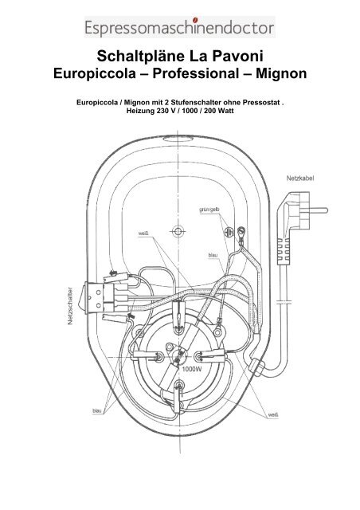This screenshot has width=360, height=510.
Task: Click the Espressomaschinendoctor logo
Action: click(x=180, y=27)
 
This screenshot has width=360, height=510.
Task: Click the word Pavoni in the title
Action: click(x=238, y=57)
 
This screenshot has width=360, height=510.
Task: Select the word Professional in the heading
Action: click(x=196, y=73)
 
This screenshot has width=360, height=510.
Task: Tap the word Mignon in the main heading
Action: click(x=281, y=73)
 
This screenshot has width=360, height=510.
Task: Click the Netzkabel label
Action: click(x=300, y=178)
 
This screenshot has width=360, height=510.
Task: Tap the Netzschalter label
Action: click(x=70, y=306)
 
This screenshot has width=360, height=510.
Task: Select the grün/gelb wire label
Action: click(x=209, y=210)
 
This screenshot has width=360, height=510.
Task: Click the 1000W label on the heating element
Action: click(x=191, y=369)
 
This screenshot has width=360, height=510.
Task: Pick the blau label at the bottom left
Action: click(x=97, y=411)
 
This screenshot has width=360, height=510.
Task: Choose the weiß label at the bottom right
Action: click(x=273, y=414)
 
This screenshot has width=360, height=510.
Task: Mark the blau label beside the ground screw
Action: click(x=213, y=255)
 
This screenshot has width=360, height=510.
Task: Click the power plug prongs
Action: click(x=319, y=210)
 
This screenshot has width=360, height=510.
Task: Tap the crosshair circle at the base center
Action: click(x=178, y=232)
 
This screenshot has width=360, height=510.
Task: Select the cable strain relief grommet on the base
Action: click(x=257, y=367)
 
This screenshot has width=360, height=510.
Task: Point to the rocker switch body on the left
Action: click(x=94, y=297)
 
